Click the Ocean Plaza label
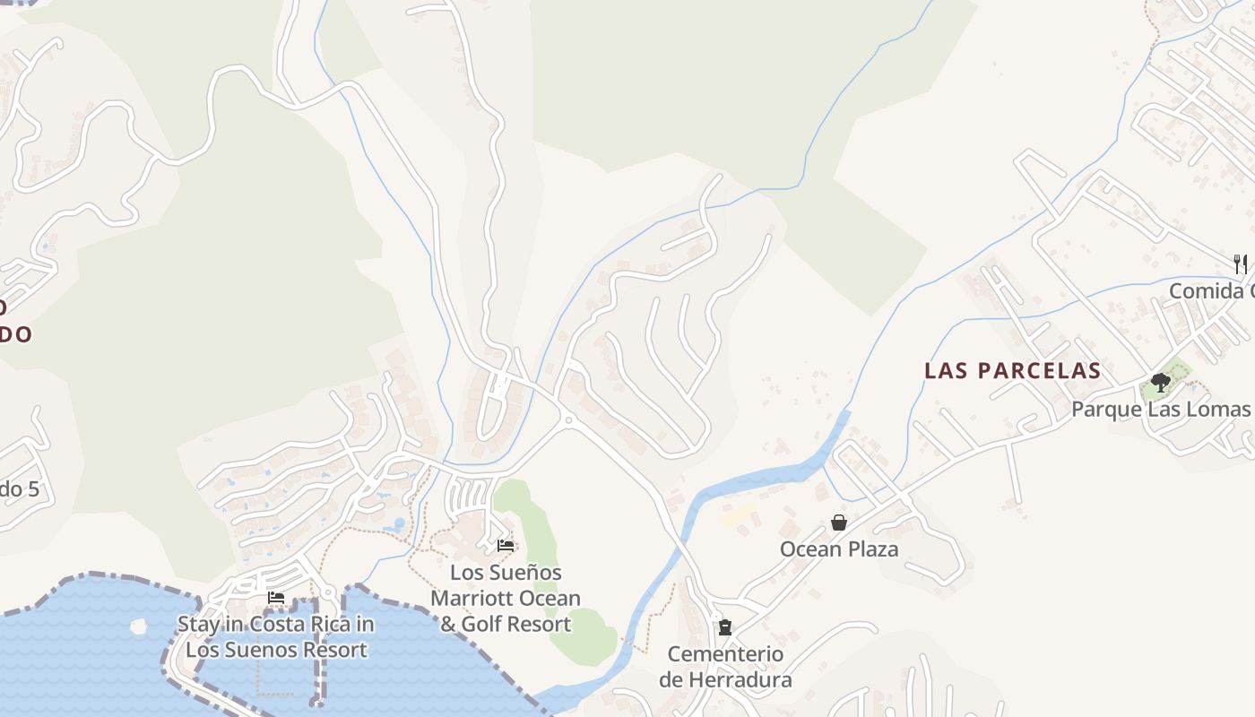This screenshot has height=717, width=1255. click(x=839, y=549)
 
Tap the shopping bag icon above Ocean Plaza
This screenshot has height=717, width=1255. click(x=839, y=523)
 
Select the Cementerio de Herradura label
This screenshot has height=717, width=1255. click(x=725, y=667)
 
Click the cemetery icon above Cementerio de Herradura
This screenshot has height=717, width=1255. click(x=725, y=627)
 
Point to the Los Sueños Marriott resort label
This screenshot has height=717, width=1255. click(x=506, y=598)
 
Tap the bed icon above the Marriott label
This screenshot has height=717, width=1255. click(x=506, y=545)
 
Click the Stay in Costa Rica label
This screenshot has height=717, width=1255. click(x=276, y=636)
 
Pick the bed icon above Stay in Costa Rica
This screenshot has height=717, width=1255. click(x=276, y=598)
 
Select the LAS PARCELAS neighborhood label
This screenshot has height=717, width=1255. click(x=1012, y=370)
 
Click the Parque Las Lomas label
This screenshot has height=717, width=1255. click(x=1160, y=410)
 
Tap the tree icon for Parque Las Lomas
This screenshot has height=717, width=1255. click(x=1161, y=383)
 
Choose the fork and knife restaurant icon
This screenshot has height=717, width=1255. click(x=1241, y=263)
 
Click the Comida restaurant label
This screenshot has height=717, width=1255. click(x=1211, y=291)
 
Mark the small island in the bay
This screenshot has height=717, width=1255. click(x=138, y=626)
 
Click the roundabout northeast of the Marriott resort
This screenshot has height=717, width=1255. click(x=567, y=419)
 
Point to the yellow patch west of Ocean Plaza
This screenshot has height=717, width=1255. click(x=739, y=514)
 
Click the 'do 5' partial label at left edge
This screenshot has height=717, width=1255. click(x=20, y=489)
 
